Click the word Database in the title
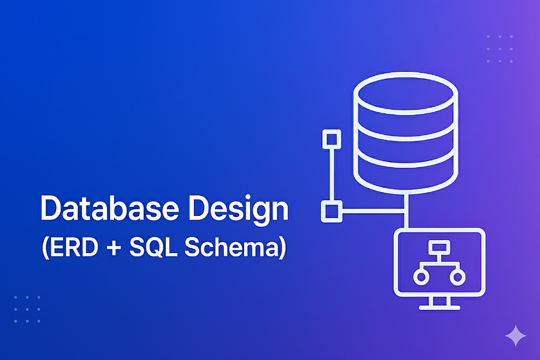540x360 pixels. [x=110, y=208]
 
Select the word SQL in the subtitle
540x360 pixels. [x=153, y=247]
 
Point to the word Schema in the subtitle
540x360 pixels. [x=231, y=247]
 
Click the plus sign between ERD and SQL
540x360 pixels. [x=114, y=247]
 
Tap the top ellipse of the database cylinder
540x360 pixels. [x=406, y=93]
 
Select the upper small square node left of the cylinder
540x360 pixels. [x=332, y=139]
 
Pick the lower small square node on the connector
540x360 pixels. [x=332, y=211]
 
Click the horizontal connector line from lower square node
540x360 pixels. [x=373, y=210]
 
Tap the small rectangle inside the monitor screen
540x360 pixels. [x=439, y=247]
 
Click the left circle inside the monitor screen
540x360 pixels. [x=421, y=277]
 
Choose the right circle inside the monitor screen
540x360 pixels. [x=457, y=277]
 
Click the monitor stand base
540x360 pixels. [x=440, y=307]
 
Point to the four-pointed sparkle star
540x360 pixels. [x=516, y=336]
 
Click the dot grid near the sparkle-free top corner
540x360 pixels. [x=500, y=49]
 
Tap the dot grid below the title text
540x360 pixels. [x=27, y=309]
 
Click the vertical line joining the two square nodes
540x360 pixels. [x=332, y=175]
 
